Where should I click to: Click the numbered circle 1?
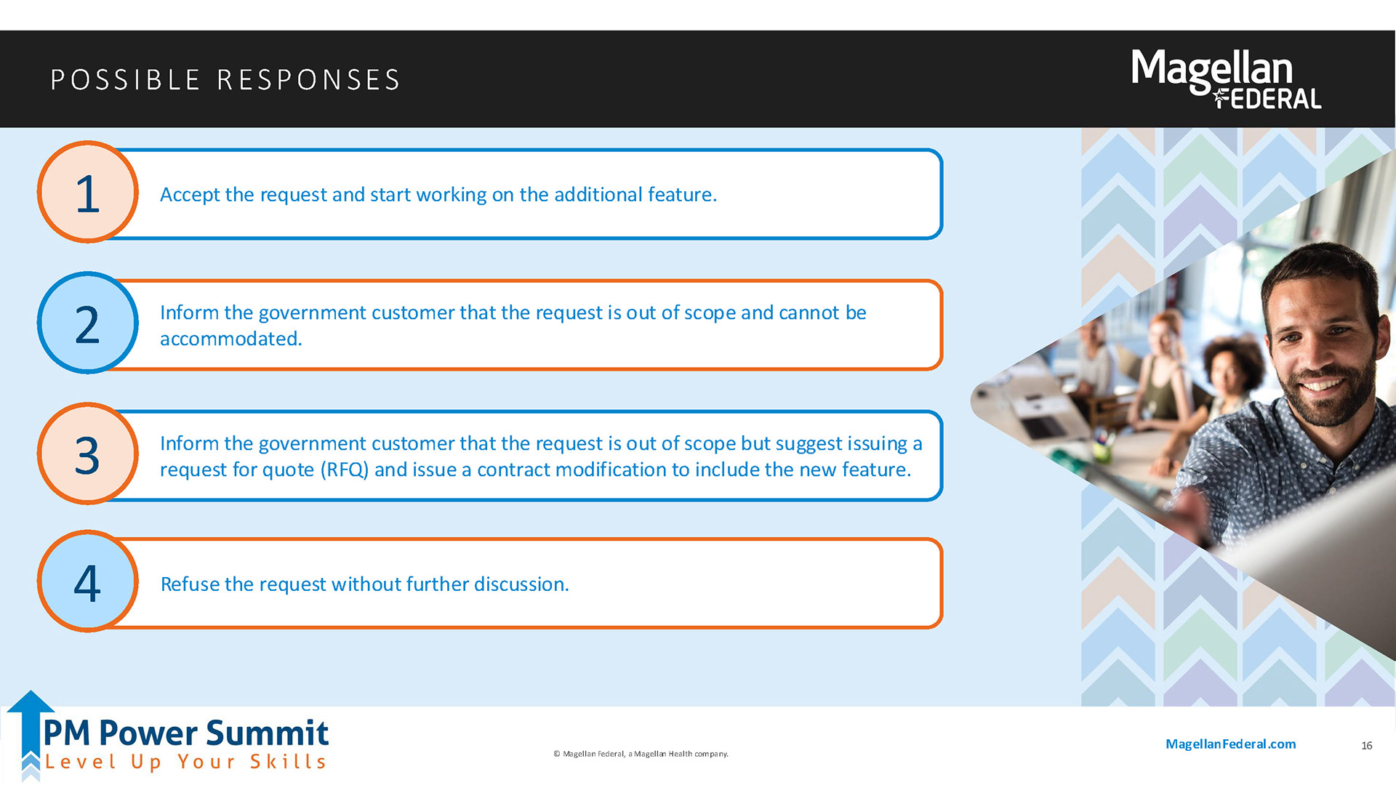87,193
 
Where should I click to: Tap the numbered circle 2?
87,323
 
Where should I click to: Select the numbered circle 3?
87,454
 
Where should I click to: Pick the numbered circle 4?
87,581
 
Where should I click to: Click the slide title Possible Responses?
225,79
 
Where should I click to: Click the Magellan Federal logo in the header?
1227,79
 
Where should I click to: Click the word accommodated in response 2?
230,339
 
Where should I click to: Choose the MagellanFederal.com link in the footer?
1230,744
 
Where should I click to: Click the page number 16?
1366,746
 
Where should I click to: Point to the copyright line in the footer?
641,754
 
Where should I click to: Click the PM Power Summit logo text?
186,733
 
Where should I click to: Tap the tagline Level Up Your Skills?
186,762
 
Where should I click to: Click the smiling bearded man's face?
1320,342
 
